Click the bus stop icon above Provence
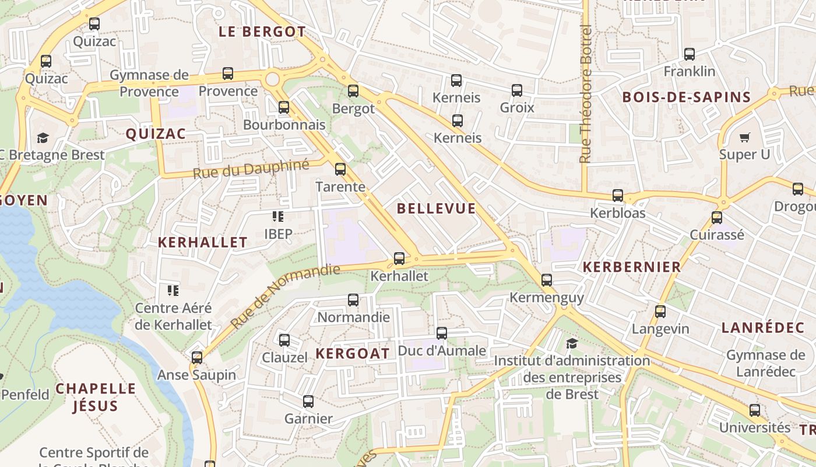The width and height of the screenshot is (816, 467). pyautogui.click(x=228, y=74)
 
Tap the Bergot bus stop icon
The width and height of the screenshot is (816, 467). pyautogui.click(x=353, y=91)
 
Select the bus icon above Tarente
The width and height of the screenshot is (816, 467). pyautogui.click(x=340, y=169)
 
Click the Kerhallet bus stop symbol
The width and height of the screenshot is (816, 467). pyautogui.click(x=399, y=258)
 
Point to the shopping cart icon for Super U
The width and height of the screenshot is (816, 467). pyautogui.click(x=744, y=138)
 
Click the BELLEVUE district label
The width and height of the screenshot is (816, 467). pyautogui.click(x=436, y=208)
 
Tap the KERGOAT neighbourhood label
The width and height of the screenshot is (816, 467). pyautogui.click(x=353, y=353)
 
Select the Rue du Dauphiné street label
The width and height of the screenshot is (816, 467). pyautogui.click(x=251, y=169)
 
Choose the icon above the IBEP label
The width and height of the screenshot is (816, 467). pyautogui.click(x=278, y=217)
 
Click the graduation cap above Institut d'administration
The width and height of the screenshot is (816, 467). pyautogui.click(x=572, y=343)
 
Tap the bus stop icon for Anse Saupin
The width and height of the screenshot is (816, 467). pyautogui.click(x=197, y=357)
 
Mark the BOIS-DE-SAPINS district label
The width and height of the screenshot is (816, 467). pyautogui.click(x=686, y=97)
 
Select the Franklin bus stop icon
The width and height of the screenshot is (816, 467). pyautogui.click(x=690, y=54)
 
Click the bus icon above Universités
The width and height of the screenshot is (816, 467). pyautogui.click(x=755, y=410)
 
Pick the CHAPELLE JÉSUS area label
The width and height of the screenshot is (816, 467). pyautogui.click(x=96, y=397)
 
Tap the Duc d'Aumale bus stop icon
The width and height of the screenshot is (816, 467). pyautogui.click(x=442, y=333)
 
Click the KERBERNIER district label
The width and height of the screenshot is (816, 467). pyautogui.click(x=632, y=267)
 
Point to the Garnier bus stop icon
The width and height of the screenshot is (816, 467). pyautogui.click(x=308, y=402)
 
